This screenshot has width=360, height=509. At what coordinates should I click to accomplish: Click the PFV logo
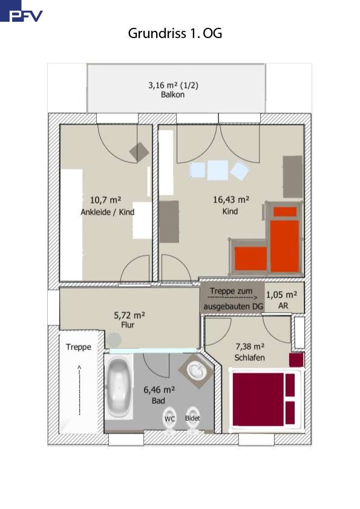coord(21,11)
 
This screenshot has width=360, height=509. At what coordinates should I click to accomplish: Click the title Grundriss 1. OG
coord(175,33)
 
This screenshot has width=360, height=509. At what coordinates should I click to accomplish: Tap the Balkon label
coord(172,95)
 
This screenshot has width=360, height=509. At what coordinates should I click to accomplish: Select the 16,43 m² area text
coord(231,199)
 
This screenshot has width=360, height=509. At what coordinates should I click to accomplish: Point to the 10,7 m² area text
coord(106,199)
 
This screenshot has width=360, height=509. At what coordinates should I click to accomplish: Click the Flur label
coord(128,325)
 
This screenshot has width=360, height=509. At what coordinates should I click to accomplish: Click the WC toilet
coord(169,420)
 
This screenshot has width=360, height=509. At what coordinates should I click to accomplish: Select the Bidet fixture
coord(192,420)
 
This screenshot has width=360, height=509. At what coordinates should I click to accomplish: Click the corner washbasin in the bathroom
coord(197,371)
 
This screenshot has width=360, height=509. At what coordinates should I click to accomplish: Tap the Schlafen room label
coord(249,358)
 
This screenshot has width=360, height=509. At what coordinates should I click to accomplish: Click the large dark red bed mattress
coord(258,399)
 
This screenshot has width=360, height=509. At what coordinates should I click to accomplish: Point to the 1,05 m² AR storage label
coord(282,300)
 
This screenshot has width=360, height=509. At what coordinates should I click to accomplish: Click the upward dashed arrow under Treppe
coord(79,390)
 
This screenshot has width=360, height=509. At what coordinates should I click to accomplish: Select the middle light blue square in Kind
coord(217,170)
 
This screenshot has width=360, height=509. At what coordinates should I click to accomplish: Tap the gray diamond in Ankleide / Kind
coord(139,152)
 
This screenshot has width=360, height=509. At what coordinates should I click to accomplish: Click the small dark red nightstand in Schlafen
coord(296,360)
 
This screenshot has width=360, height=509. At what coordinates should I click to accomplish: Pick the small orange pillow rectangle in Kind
coord(285,212)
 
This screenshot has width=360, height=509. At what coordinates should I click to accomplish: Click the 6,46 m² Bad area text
coord(159,389)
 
